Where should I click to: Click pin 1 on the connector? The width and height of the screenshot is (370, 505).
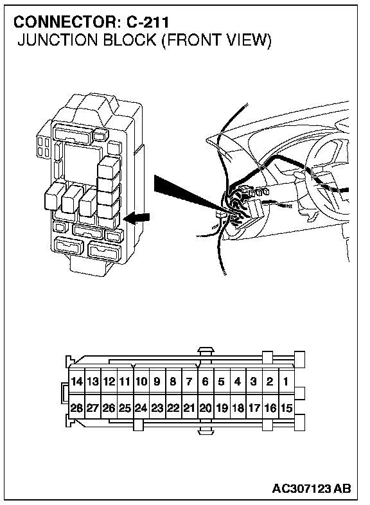click(x=286, y=382)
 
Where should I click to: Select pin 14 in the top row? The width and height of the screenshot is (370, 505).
click(x=76, y=382)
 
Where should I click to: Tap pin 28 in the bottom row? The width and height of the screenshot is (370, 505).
click(x=76, y=408)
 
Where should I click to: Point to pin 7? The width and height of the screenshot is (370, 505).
click(x=189, y=382)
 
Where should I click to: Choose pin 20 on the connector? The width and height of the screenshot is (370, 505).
click(x=206, y=408)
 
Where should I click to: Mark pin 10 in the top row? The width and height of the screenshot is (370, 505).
click(x=141, y=382)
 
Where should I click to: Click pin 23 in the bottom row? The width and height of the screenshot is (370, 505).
click(x=157, y=408)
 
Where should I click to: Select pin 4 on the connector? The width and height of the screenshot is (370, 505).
click(x=238, y=382)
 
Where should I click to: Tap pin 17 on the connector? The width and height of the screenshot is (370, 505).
click(x=254, y=408)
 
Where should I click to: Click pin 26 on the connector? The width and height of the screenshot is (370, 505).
click(x=109, y=408)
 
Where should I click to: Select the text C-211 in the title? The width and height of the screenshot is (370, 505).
click(x=148, y=22)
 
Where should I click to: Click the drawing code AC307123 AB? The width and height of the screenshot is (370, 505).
click(x=312, y=488)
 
